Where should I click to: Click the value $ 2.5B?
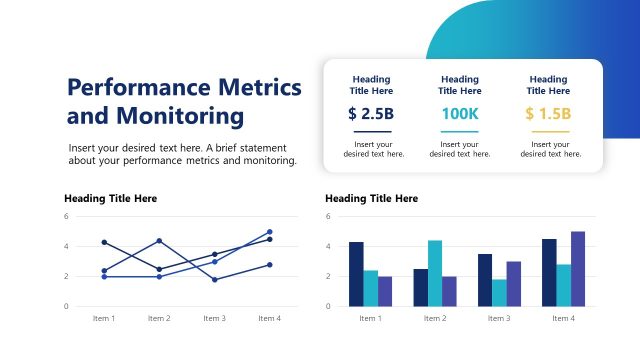click(371, 114)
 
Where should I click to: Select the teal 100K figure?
click(460, 114)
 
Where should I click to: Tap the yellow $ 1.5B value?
click(548, 114)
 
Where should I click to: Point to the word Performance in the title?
click(141, 86)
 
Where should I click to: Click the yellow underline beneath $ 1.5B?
click(548, 131)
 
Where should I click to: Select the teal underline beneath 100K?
click(460, 131)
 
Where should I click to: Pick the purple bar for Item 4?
click(578, 268)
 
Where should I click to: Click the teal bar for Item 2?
click(435, 273)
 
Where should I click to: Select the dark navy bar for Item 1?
click(356, 274)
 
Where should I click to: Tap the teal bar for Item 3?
click(499, 292)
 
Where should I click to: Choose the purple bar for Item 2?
click(449, 291)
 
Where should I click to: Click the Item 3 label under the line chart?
click(214, 318)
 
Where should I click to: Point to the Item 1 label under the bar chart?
click(370, 318)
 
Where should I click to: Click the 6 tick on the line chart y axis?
click(66, 216)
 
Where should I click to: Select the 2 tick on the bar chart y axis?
click(328, 276)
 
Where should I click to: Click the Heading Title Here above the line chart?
click(110, 199)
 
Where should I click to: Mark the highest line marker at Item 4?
click(269, 232)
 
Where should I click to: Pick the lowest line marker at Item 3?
click(214, 279)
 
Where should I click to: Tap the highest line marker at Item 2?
click(159, 240)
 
